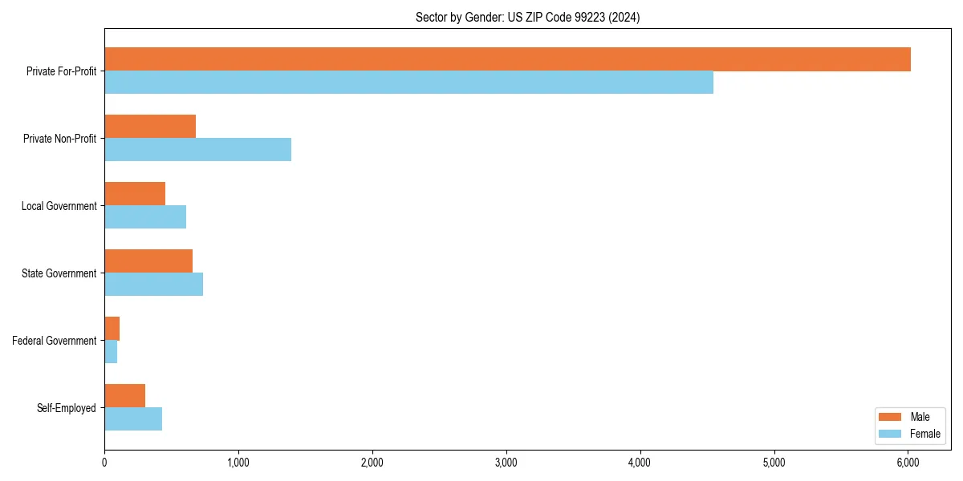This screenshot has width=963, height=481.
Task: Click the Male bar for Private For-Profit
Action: tap(507, 59)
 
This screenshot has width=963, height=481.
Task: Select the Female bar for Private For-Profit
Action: tap(408, 83)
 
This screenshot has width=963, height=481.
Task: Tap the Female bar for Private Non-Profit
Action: tap(197, 150)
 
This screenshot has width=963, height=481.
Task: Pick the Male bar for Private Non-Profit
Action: tap(150, 127)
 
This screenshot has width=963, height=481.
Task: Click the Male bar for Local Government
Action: tap(135, 194)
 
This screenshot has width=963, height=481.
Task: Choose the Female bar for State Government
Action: tap(153, 285)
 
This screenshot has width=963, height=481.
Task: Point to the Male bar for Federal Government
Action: tap(112, 329)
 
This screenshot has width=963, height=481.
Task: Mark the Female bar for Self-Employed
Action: tap(133, 419)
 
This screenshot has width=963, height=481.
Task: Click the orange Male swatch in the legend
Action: tap(891, 417)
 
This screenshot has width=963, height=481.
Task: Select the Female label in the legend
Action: tap(924, 434)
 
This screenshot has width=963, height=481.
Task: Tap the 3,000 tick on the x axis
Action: tap(506, 462)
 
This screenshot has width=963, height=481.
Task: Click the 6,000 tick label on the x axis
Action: tap(908, 462)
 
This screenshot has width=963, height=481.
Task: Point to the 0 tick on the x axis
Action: tap(104, 462)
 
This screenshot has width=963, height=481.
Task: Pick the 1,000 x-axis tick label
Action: tap(238, 462)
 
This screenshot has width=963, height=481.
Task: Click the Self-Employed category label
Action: tap(67, 408)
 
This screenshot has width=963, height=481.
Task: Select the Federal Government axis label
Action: tap(55, 341)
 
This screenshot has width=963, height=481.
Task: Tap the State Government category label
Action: tap(59, 273)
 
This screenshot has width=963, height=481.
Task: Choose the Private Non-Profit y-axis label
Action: tap(60, 139)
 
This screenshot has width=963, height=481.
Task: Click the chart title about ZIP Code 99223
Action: tap(527, 17)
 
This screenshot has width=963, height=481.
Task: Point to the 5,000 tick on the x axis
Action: tap(774, 462)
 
